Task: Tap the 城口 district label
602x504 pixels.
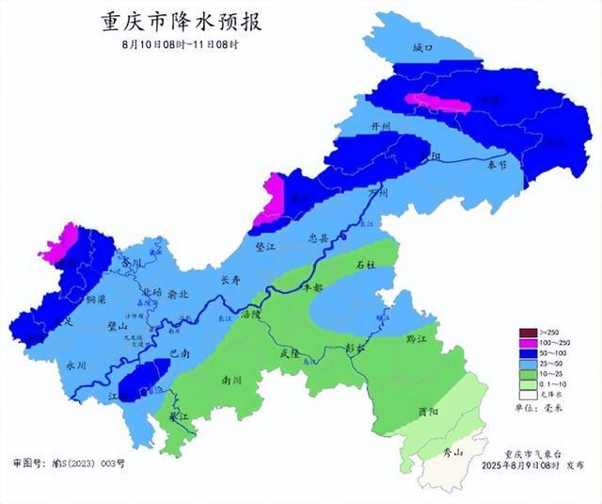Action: point(423,47)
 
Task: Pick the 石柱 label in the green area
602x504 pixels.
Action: point(366,267)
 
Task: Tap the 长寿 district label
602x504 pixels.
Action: point(230,280)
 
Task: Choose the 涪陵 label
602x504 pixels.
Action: point(251,312)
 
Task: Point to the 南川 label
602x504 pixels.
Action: point(230,381)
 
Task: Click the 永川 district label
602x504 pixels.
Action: point(76,363)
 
